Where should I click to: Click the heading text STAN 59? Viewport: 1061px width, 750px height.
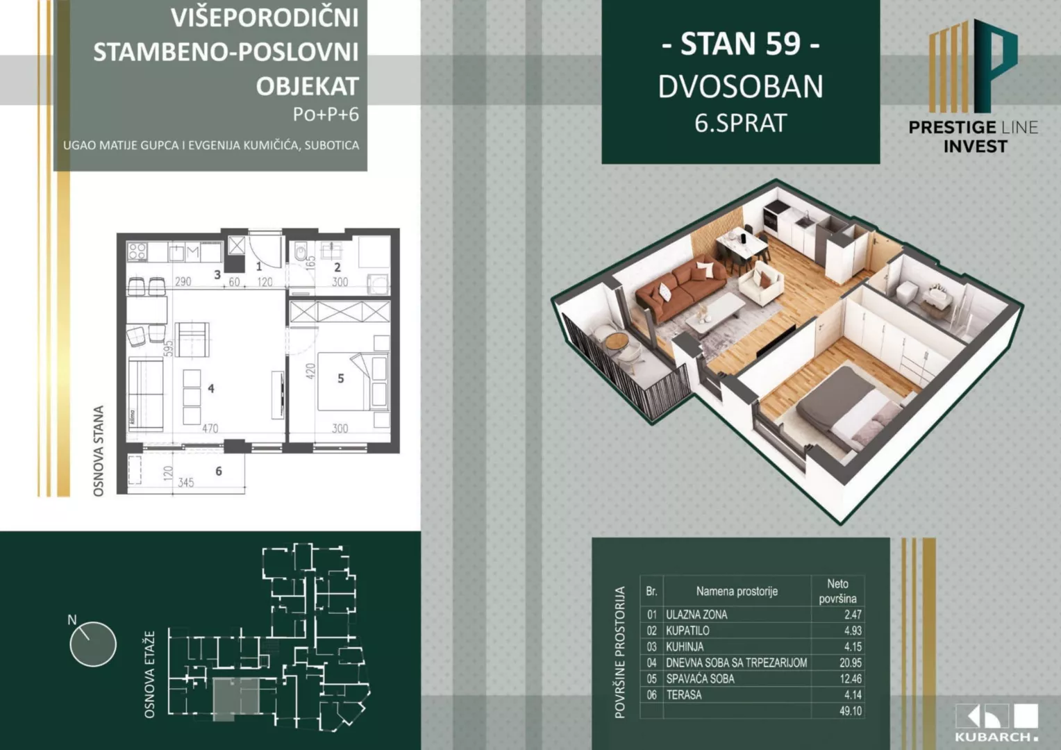(x=740, y=44)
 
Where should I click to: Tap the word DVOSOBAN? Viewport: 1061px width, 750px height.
(x=740, y=87)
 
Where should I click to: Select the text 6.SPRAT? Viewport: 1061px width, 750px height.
(x=740, y=123)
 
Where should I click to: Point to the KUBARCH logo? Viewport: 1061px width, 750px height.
(x=996, y=723)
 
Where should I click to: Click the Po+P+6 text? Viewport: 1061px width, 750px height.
(x=326, y=114)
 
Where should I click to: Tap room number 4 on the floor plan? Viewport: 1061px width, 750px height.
(x=211, y=389)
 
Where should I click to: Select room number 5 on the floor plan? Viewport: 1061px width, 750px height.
(x=340, y=378)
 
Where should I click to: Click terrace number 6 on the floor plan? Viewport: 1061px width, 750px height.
(x=219, y=472)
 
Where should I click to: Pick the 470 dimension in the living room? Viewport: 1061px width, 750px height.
(x=210, y=428)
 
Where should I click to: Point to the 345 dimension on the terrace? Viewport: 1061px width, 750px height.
(x=185, y=482)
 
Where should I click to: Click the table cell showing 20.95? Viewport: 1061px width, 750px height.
(x=850, y=662)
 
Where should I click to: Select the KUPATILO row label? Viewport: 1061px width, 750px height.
(x=687, y=631)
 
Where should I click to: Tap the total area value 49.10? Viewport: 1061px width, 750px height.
(x=850, y=711)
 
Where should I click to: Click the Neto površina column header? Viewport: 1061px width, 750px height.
(x=837, y=591)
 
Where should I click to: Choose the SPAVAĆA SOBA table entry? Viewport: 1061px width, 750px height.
(x=700, y=678)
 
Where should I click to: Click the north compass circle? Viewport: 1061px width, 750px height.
(x=93, y=644)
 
